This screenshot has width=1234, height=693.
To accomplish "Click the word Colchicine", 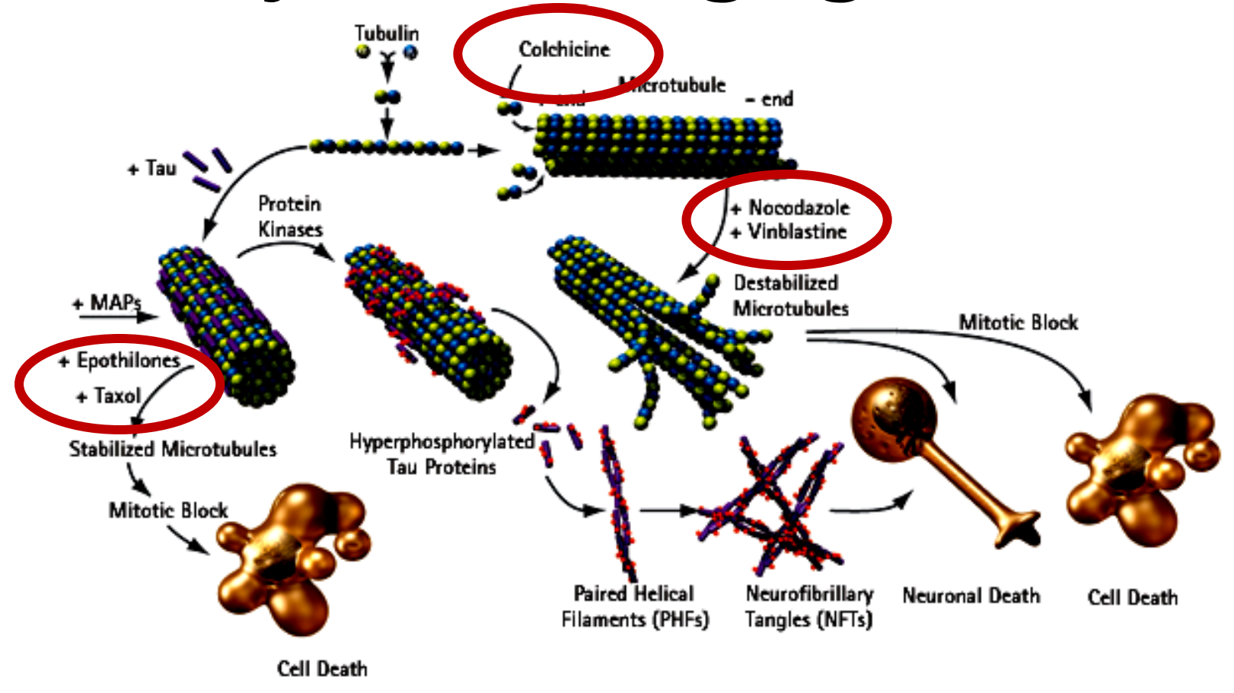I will point(564,49).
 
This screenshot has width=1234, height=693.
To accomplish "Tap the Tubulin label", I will point(387,33).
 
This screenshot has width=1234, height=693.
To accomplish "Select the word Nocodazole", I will point(799,208).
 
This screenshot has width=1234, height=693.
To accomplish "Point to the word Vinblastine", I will point(797,231).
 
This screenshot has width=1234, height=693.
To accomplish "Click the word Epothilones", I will point(128,361).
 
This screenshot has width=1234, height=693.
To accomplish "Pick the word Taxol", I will point(117,396).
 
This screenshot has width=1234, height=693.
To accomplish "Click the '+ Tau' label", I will point(152,168).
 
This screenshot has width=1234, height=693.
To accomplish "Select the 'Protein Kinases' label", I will point(290,217).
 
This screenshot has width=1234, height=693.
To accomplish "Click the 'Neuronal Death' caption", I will point(971,596).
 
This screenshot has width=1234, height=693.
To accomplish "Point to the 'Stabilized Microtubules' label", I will point(173,449).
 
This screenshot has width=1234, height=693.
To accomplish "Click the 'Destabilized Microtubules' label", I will point(789,295).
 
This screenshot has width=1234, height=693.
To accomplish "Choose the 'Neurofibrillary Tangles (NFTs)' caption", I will point(808,606).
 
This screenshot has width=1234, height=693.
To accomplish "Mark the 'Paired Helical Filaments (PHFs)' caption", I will point(635,606).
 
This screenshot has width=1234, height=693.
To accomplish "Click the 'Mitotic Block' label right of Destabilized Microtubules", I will point(1018,323).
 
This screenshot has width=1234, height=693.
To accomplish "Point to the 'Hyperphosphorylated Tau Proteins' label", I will point(442,453).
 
